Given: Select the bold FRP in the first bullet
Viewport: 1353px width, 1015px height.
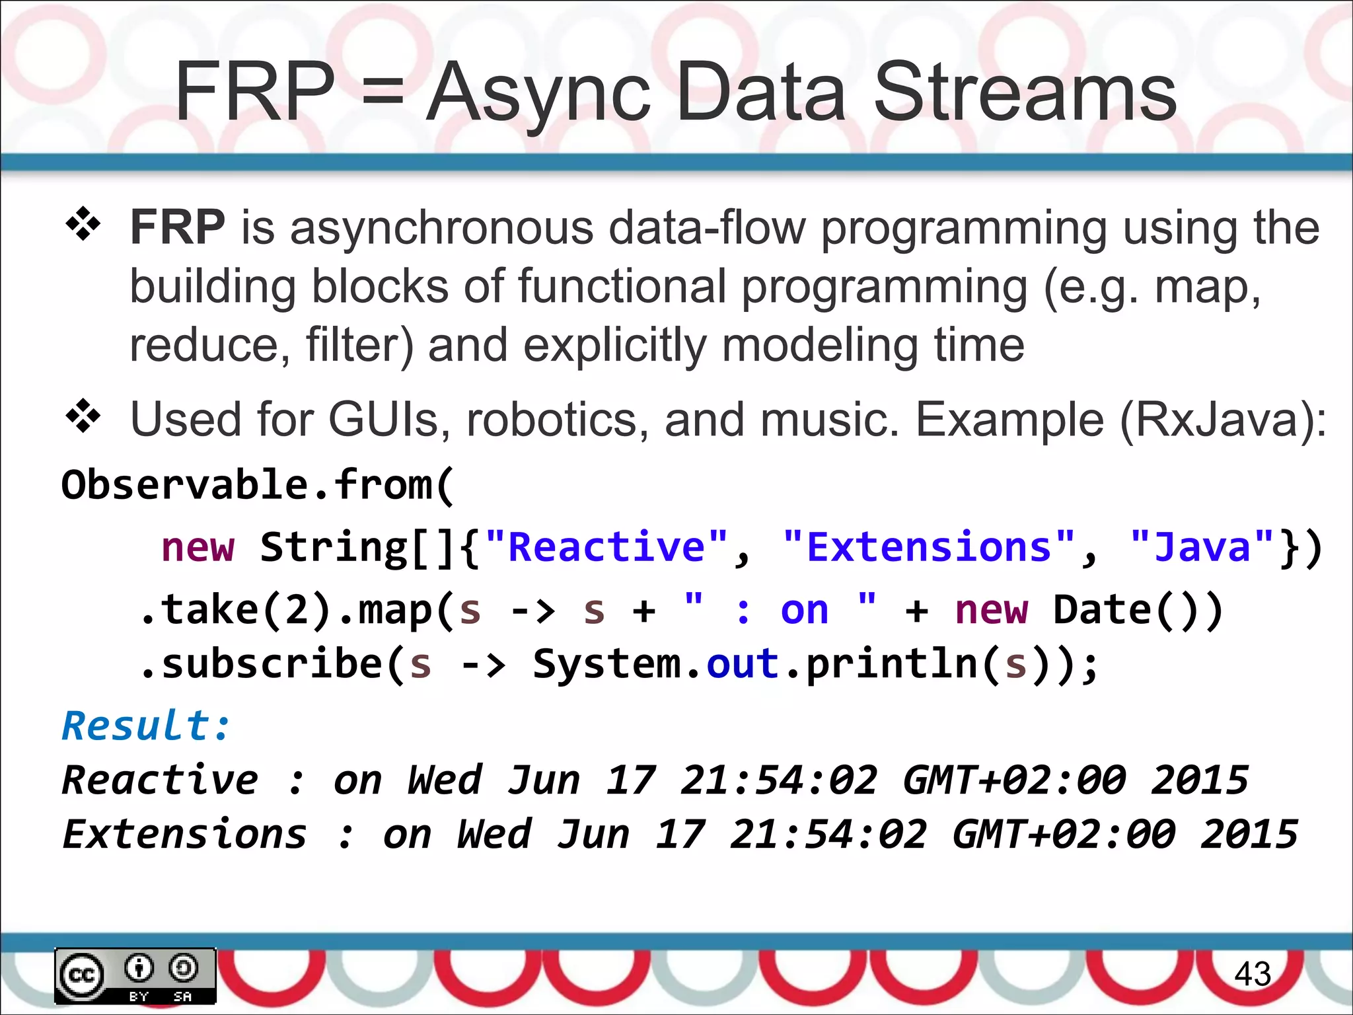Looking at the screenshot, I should (178, 227).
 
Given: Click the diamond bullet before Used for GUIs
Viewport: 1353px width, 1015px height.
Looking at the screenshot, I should (83, 416).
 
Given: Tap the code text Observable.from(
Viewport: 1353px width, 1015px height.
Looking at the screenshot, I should (258, 485).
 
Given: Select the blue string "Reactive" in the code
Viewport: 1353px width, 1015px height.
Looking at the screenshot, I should (606, 547).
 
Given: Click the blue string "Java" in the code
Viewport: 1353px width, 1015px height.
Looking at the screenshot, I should (1202, 547).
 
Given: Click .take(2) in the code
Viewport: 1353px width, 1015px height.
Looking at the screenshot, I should (235, 609).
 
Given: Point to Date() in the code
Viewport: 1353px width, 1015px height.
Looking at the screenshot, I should (1137, 609).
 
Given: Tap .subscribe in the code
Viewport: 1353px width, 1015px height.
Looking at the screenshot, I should (262, 663).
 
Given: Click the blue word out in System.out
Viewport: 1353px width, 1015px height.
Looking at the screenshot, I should (743, 663).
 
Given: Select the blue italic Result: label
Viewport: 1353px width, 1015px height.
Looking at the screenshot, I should (146, 726).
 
